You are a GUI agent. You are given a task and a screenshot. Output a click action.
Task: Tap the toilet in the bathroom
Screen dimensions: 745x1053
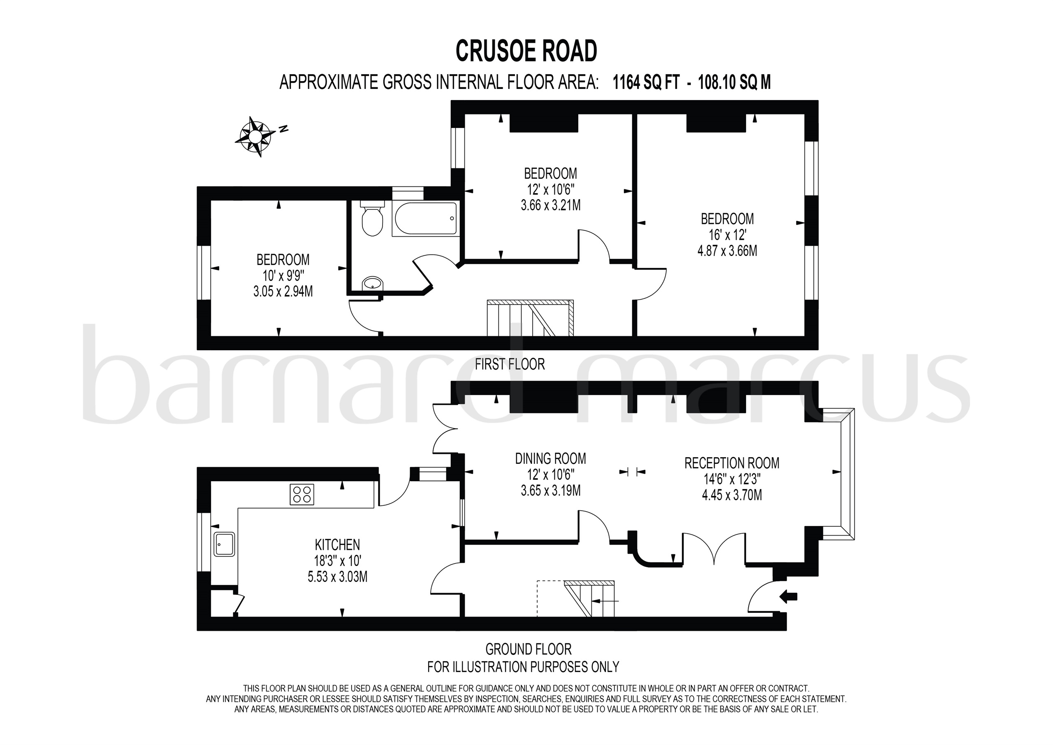[x=371, y=221]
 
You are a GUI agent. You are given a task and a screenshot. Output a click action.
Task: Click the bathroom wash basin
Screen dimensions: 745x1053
[x=372, y=284]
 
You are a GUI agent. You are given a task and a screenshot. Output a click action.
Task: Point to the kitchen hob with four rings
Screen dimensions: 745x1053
[x=302, y=495]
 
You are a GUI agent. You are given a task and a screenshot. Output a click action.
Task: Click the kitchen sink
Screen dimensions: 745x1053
[x=224, y=545]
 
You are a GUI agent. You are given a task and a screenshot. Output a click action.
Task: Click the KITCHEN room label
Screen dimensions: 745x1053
[x=337, y=545]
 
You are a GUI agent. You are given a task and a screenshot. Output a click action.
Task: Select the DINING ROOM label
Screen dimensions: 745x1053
[x=550, y=459]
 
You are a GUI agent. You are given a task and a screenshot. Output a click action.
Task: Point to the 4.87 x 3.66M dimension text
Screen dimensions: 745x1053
[x=727, y=251]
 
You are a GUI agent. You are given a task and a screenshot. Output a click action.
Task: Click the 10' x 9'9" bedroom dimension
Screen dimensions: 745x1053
[x=283, y=276]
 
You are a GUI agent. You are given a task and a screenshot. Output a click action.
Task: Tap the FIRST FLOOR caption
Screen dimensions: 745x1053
[x=510, y=364]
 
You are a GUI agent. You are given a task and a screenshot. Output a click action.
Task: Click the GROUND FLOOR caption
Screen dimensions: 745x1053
[x=528, y=649]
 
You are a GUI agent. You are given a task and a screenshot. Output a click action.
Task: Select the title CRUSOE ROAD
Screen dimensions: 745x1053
[x=526, y=51]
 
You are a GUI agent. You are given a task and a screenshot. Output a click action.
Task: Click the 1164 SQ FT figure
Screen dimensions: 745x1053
[x=646, y=83]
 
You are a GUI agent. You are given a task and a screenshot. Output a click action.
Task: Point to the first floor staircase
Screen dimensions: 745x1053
[x=530, y=318]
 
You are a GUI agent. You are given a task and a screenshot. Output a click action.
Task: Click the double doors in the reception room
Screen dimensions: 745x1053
[x=714, y=547]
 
